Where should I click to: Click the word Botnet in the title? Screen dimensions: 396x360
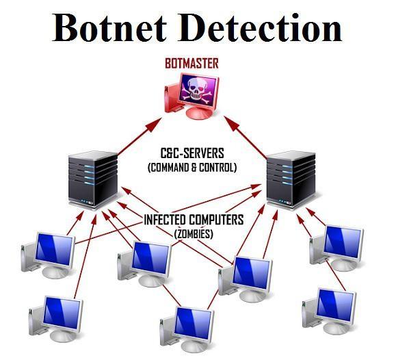(109, 27)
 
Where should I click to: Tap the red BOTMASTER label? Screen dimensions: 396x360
(192, 64)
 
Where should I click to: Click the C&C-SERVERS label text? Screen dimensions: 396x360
(192, 153)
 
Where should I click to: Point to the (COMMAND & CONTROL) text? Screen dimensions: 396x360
(192, 168)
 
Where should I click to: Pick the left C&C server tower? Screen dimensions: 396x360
(93, 179)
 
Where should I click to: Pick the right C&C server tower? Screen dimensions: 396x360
(291, 179)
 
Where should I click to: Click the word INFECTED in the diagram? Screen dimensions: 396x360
(165, 220)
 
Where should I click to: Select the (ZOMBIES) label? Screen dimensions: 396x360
(194, 234)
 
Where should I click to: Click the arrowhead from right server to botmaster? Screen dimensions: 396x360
(231, 123)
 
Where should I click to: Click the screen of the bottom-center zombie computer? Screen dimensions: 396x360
(194, 324)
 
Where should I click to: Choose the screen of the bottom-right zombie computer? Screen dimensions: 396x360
(336, 305)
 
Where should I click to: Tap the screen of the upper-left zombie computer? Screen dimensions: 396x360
(54, 250)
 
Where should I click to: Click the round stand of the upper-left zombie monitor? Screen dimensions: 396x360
(56, 272)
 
